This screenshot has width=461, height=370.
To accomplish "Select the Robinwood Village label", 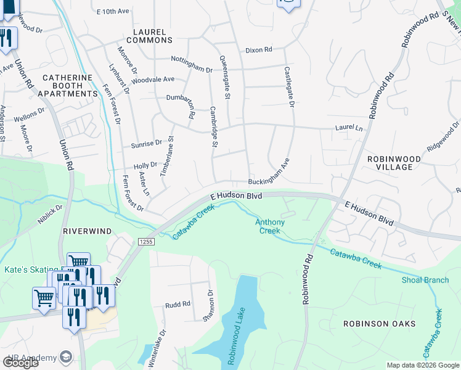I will click(394, 163).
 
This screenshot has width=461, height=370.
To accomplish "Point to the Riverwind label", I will click(87, 231).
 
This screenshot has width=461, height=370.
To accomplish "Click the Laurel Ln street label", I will click(349, 128).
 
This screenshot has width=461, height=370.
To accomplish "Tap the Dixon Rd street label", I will click(258, 50).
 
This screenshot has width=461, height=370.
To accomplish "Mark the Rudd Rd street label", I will click(177, 305).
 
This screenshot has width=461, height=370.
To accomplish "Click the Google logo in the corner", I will click(20, 362).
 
